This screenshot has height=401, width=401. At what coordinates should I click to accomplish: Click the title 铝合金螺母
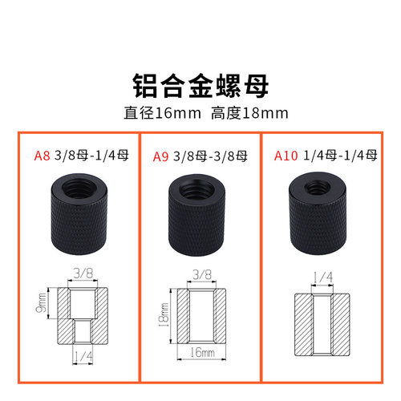[x=200, y=83]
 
